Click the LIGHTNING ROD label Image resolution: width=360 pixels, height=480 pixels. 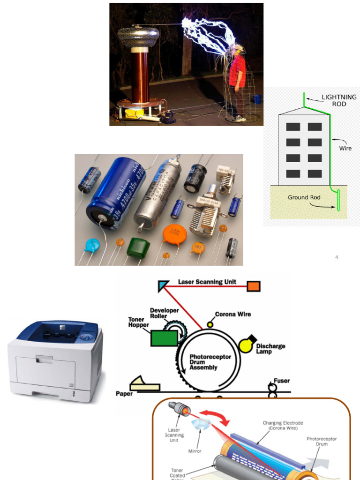click(x=339, y=100)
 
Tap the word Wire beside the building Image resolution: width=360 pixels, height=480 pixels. click(x=345, y=148)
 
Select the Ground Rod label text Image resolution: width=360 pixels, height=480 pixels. click(x=304, y=197)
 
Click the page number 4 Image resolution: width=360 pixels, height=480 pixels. click(x=337, y=257)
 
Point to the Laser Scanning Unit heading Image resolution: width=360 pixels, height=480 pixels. click(x=207, y=282)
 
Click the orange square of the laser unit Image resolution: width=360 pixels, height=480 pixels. click(x=254, y=286)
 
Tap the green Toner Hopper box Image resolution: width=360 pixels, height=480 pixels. click(x=165, y=337)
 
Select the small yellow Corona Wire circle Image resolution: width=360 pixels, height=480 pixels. click(x=210, y=324)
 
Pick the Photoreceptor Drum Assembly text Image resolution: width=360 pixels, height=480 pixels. click(x=210, y=362)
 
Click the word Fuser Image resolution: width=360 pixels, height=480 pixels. click(x=281, y=381)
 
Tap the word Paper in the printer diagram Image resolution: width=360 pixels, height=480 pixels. click(x=124, y=394)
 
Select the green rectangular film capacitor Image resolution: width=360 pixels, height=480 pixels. click(x=138, y=247)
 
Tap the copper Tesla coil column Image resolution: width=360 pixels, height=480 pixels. click(x=140, y=76)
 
